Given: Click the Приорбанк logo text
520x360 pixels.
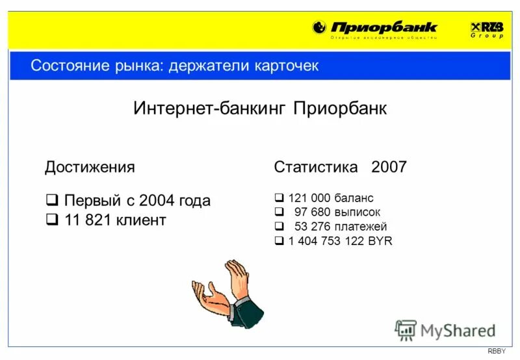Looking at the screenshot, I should click(384, 27).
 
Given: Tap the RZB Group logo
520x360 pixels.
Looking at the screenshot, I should click(487, 29).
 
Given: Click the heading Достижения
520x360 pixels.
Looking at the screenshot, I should click(90, 167).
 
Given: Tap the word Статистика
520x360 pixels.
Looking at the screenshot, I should click(316, 167).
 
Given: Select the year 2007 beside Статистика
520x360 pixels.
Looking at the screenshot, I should click(389, 167).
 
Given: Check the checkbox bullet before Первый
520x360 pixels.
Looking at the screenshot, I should click(53, 200).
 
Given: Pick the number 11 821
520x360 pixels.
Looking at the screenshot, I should click(88, 220).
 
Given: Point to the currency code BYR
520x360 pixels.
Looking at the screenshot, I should click(380, 242).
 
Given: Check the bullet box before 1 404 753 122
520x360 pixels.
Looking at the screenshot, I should click(279, 242).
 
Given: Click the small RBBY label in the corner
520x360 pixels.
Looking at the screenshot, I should click(496, 352).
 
